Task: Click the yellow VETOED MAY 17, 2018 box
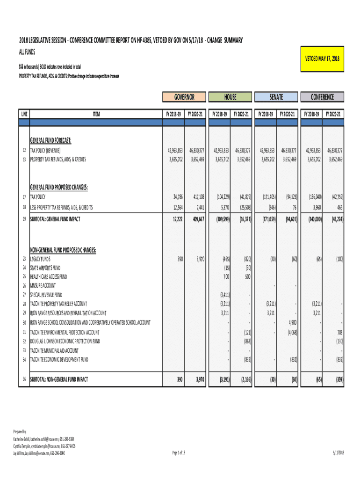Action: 322,58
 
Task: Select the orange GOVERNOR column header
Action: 184,97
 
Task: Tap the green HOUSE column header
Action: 230,97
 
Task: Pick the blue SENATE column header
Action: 276,97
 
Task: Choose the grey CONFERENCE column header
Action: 322,97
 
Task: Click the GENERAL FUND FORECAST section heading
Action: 50,140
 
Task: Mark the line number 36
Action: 24,379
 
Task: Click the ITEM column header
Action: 96,114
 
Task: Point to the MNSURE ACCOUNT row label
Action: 43,286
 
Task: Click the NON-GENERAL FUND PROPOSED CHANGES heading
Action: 63,250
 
